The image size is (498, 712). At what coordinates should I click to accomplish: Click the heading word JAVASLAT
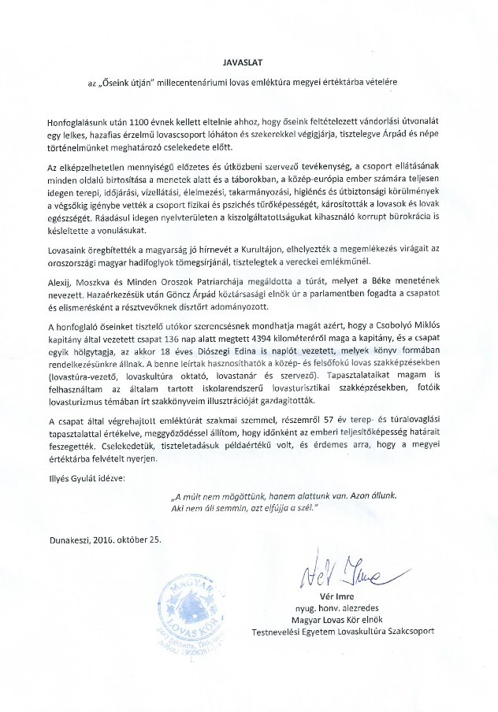click(248, 60)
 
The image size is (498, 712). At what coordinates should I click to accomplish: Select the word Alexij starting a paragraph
click(61, 284)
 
